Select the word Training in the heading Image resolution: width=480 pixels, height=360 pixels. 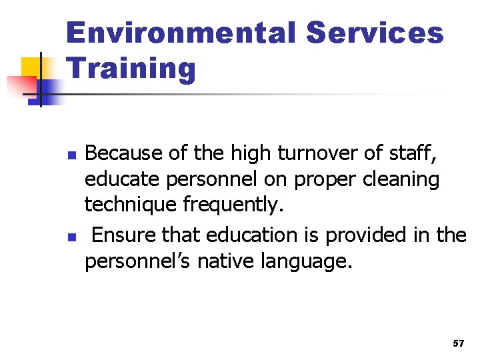131,69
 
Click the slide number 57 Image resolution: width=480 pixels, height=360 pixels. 458,343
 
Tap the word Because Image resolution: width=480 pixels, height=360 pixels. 124,153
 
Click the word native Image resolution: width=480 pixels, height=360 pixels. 223,261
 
